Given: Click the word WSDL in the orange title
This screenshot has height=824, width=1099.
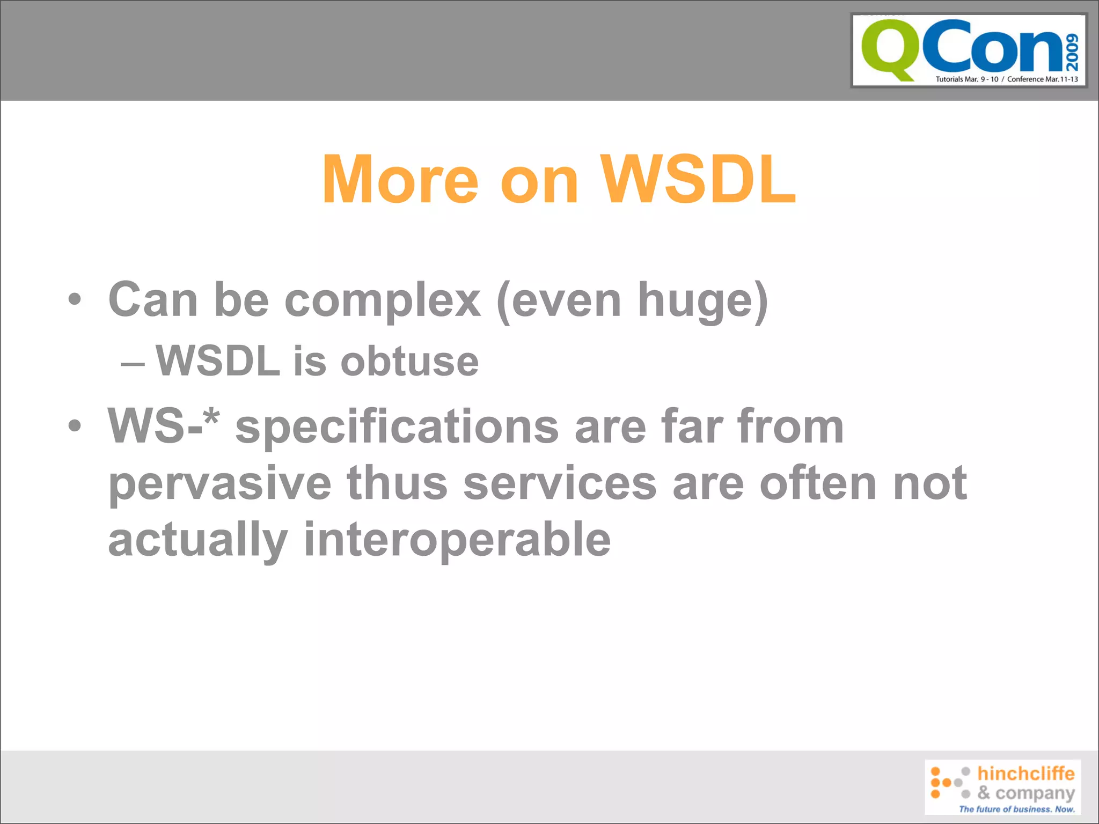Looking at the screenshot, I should [x=698, y=180].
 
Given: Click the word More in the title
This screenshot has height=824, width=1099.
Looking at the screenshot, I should [x=400, y=180].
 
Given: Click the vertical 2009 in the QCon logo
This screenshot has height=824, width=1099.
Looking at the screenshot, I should [x=1072, y=52].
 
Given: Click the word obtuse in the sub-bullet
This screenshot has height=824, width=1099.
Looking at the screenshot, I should [x=409, y=361].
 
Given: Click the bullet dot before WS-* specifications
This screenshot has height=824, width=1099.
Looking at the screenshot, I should [x=75, y=426].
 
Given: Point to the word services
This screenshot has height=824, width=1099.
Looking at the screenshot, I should [x=560, y=483].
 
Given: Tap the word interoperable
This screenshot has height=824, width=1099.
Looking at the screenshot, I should [x=457, y=540].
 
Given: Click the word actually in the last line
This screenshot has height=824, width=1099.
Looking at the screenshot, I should [x=197, y=541].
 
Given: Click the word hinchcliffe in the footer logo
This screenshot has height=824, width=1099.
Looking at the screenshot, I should [x=1025, y=774].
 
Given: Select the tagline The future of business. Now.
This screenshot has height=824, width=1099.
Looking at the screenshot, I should [x=1017, y=809].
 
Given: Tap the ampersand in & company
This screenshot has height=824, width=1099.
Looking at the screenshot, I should [x=983, y=792].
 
